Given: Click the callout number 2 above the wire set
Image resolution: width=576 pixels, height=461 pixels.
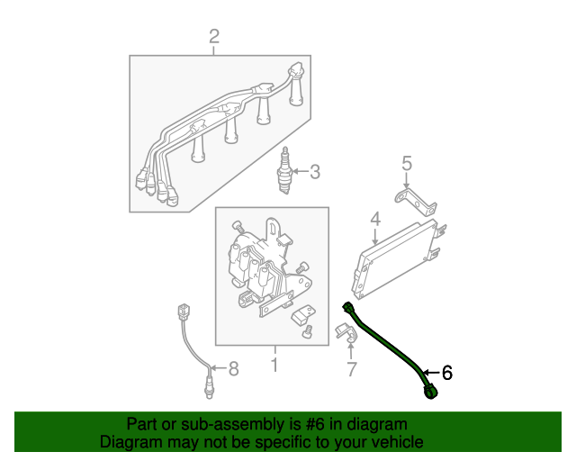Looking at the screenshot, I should (214, 37).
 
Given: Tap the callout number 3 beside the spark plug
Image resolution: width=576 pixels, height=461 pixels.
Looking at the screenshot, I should (315, 171).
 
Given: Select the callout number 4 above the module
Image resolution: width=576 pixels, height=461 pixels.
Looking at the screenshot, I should (375, 219).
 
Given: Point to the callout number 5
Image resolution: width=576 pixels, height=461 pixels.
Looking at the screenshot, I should (406, 164).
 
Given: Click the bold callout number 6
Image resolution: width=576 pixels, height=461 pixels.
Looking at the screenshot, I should (446, 373).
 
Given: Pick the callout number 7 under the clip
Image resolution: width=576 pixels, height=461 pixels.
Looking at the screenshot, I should (351, 368).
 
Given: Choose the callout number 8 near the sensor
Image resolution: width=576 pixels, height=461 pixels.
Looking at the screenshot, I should (233, 367).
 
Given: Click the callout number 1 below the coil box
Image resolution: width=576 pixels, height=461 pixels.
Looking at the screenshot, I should (274, 365).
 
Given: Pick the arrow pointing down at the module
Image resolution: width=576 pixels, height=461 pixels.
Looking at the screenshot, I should (375, 236).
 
